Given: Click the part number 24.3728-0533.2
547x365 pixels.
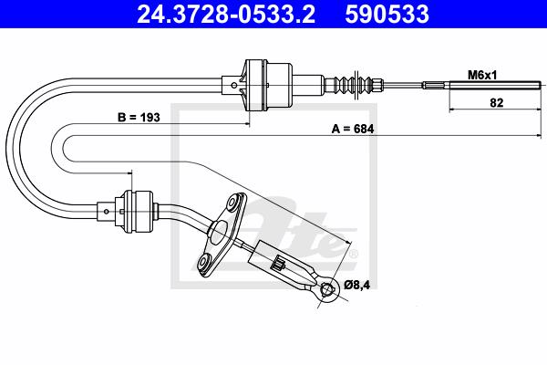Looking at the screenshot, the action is click(x=226, y=14).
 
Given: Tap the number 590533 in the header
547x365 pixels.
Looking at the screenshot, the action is click(x=387, y=14).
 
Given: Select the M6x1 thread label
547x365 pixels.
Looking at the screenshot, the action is click(x=482, y=75).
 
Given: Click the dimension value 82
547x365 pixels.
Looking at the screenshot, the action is click(x=497, y=103).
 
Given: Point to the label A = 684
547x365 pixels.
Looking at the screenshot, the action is click(x=353, y=129).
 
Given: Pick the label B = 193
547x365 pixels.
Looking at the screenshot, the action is click(x=139, y=118).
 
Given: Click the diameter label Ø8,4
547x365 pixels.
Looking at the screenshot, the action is click(x=356, y=285).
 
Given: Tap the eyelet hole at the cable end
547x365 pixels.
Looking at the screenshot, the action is click(x=328, y=288).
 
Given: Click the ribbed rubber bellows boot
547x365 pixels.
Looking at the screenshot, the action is click(x=350, y=85).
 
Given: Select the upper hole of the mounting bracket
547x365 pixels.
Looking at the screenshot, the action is click(x=232, y=203).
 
